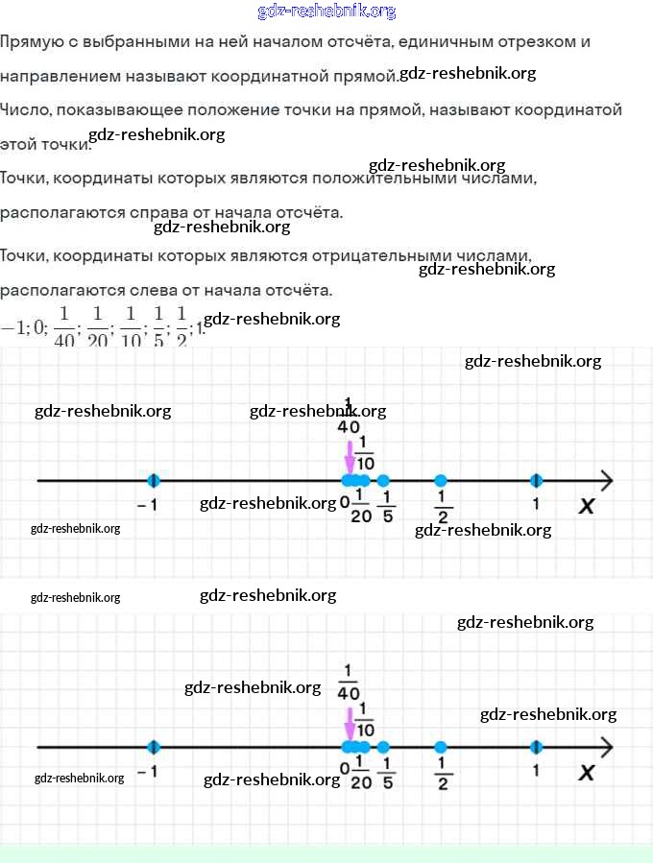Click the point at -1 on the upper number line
tap(154, 480)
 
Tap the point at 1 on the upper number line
tap(536, 480)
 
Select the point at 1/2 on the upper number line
tap(440, 480)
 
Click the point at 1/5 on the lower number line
tap(383, 747)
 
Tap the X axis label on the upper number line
tap(586, 506)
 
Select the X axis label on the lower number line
tap(586, 772)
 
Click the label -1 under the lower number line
tap(147, 771)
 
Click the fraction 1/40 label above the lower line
tap(348, 683)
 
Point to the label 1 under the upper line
tap(536, 503)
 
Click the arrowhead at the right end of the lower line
tap(606, 747)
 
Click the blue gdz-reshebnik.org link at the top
tap(326, 12)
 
